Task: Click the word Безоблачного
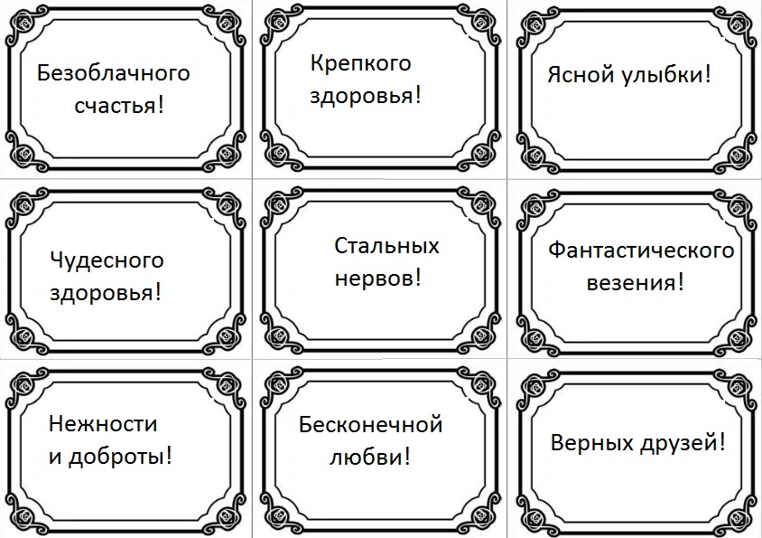point(114,73)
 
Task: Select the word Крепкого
point(360,63)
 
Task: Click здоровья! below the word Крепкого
point(366,96)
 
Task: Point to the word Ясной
point(579,75)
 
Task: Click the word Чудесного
point(107,260)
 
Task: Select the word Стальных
point(386,246)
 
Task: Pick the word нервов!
point(378,278)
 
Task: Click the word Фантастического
point(641,250)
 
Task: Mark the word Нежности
point(102,424)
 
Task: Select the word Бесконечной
point(370,424)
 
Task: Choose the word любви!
point(367,457)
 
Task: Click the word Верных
point(590,444)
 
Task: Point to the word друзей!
point(683,444)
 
